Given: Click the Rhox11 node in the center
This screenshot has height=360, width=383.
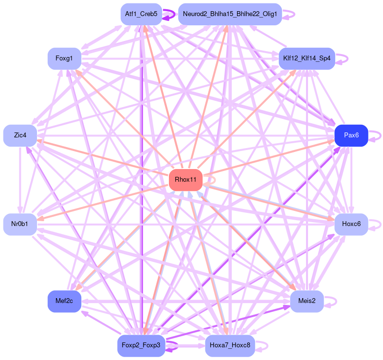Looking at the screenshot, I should [x=185, y=180].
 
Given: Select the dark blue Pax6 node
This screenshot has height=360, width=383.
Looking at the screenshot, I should [x=351, y=135].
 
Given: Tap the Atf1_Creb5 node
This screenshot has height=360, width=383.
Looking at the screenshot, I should [x=141, y=14].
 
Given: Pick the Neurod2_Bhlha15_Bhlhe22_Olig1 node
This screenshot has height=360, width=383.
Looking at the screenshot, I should [x=230, y=14].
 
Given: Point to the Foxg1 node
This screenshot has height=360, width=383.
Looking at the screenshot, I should [x=64, y=58].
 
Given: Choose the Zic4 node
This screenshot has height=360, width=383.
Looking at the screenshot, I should [x=20, y=135].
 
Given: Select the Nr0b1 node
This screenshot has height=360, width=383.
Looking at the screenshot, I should [x=20, y=224].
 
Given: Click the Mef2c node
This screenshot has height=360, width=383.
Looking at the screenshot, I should [x=64, y=301].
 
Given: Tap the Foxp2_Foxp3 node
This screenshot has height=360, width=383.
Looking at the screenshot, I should [x=141, y=345].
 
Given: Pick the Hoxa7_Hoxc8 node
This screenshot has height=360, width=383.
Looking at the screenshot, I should [x=230, y=345].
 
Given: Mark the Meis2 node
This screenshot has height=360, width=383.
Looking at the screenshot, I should [x=307, y=301].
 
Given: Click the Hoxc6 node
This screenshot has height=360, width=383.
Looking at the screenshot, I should [x=351, y=224].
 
